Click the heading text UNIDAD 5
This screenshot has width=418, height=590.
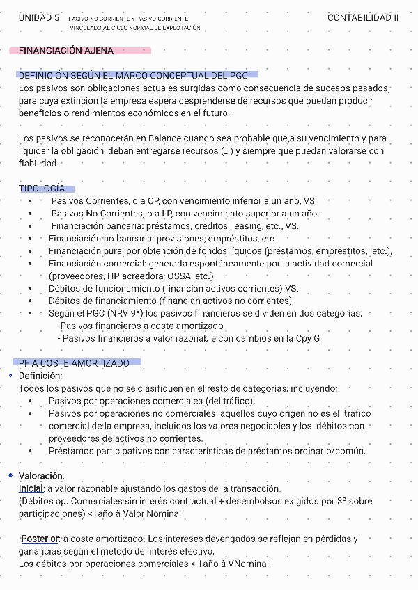pyautogui.click(x=39, y=18)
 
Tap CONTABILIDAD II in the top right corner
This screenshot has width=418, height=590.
pyautogui.click(x=363, y=18)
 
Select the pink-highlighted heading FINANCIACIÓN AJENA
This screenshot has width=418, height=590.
pyautogui.click(x=66, y=51)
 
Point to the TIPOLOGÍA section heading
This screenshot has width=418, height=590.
pyautogui.click(x=42, y=189)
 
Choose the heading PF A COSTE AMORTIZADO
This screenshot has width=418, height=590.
pyautogui.click(x=74, y=363)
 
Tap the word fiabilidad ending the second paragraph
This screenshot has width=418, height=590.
pyautogui.click(x=38, y=163)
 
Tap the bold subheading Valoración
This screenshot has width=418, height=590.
pyautogui.click(x=41, y=476)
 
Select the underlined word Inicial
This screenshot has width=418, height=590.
pyautogui.click(x=31, y=488)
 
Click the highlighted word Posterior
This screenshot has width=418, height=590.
pyautogui.click(x=40, y=539)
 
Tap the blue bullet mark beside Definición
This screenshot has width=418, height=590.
pyautogui.click(x=10, y=375)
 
